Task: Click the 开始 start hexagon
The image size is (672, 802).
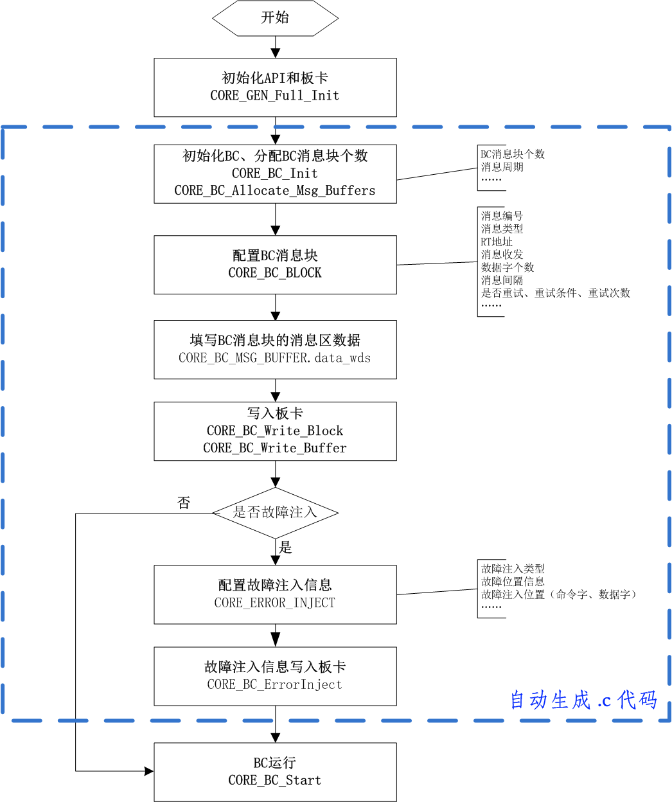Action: point(275,18)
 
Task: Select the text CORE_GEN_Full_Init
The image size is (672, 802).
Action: point(275,96)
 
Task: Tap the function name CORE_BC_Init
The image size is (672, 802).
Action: point(275,174)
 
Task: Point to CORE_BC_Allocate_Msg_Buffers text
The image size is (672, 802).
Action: point(275,191)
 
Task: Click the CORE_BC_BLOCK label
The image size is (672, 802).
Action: point(275,273)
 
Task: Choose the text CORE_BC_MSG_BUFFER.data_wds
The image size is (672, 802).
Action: point(275,358)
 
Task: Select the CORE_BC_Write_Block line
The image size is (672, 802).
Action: point(275,431)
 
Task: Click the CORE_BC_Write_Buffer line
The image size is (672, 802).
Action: point(275,449)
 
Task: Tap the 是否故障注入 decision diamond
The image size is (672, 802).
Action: point(275,513)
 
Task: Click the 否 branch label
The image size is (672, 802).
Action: point(184,503)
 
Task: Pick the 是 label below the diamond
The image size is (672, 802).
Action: point(285,548)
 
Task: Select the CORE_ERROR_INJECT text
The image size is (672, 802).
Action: point(275,603)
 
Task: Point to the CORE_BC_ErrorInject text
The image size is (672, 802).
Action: point(275,685)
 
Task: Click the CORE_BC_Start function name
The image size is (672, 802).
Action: point(275,781)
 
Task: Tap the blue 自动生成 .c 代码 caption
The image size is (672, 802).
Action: point(583,700)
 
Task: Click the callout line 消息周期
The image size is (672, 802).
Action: point(502,167)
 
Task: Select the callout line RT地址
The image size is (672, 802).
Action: point(497,242)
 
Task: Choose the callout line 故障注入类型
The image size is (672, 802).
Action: point(513,569)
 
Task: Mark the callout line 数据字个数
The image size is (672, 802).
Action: point(508,267)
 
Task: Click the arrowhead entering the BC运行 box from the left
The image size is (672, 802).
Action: point(149,771)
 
